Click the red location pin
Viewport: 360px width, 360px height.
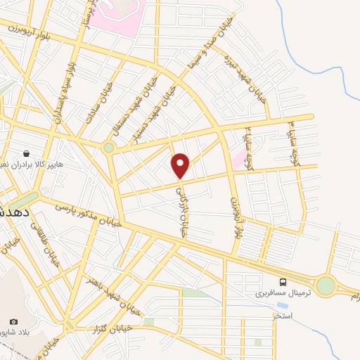click(181, 165)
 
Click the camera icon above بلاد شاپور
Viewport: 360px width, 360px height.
click(13, 321)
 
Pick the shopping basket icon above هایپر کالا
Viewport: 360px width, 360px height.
click(26, 153)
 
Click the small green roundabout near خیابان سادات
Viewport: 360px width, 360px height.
click(108, 147)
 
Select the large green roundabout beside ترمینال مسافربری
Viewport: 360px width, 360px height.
click(326, 285)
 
